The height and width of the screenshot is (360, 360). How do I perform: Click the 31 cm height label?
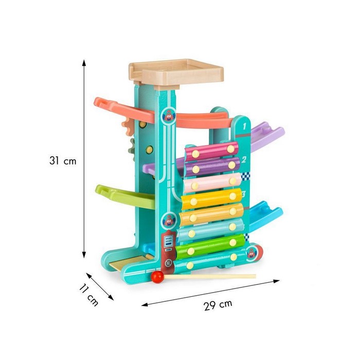coord(63,160)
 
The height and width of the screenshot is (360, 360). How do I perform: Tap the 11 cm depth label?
coord(89,295)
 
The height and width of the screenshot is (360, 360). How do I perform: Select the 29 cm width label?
coord(218,304)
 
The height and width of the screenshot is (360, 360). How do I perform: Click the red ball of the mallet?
coord(157,277)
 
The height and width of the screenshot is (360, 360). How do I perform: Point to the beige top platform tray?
coord(176,73)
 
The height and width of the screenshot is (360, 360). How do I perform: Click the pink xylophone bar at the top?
coord(212,151)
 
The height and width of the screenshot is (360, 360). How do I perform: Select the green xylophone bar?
coord(210,246)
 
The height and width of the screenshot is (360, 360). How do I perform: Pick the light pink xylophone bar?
coord(212,183)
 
